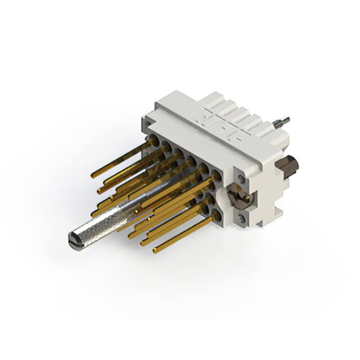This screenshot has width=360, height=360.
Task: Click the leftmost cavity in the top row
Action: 153,139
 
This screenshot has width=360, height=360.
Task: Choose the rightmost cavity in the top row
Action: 217,170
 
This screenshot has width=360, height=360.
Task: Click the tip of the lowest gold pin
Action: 155,249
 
